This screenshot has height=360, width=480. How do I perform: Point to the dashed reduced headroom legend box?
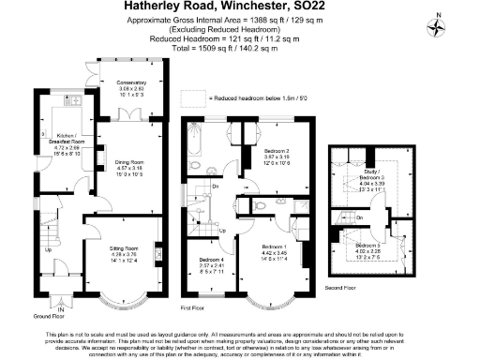192,97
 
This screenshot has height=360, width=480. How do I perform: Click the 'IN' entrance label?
62,308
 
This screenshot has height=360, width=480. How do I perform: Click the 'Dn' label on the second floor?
359,217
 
